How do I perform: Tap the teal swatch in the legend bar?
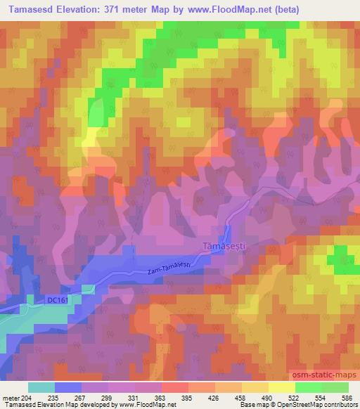coord(41,387)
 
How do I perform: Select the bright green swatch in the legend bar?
coord(308,387)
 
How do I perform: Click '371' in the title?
coord(131,9)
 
